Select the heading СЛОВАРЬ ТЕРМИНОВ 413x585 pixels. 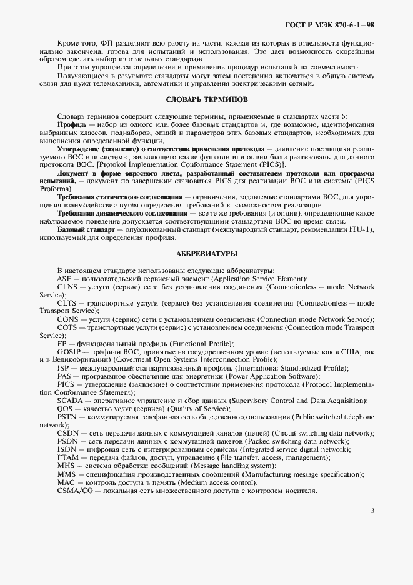tap(207, 99)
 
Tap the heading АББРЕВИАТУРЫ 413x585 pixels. tap(207, 253)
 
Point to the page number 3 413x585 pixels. tap(372, 511)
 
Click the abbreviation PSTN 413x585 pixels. tap(66, 417)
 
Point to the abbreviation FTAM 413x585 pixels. tap(67, 457)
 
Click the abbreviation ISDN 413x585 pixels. tap(66, 449)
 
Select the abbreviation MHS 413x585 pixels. tap(66, 466)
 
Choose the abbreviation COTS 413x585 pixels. tap(67, 327)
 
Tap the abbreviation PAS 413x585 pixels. tap(64, 376)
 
